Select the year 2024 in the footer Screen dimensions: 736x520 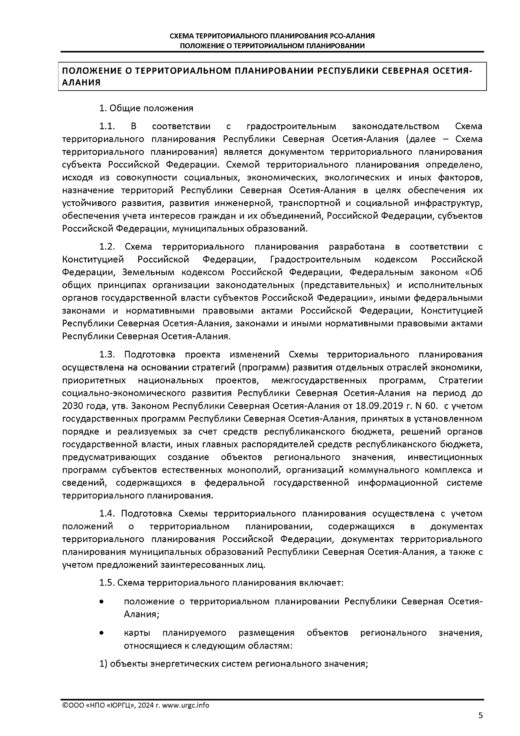pyautogui.click(x=146, y=705)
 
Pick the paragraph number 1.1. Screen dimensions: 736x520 pyautogui.click(x=107, y=127)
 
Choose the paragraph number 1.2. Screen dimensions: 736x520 pyautogui.click(x=107, y=247)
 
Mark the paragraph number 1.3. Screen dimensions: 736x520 pyautogui.click(x=107, y=355)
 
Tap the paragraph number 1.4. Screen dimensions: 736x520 pyautogui.click(x=107, y=514)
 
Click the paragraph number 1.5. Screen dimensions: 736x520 pyautogui.click(x=107, y=582)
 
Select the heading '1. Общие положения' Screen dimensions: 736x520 pyautogui.click(x=146, y=108)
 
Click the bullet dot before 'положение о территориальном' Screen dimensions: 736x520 pyautogui.click(x=101, y=602)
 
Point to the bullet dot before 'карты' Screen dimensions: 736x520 pyautogui.click(x=101, y=633)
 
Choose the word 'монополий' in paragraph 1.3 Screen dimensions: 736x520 pyautogui.click(x=252, y=470)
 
